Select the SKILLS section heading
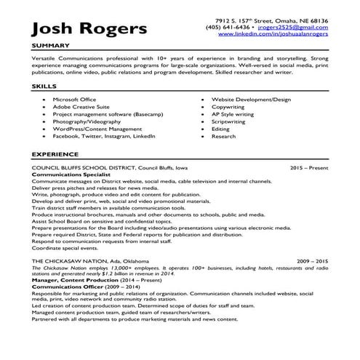pyautogui.click(x=43, y=85)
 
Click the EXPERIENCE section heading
pyautogui.click(x=55, y=156)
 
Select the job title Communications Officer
pyautogui.click(x=68, y=287)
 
